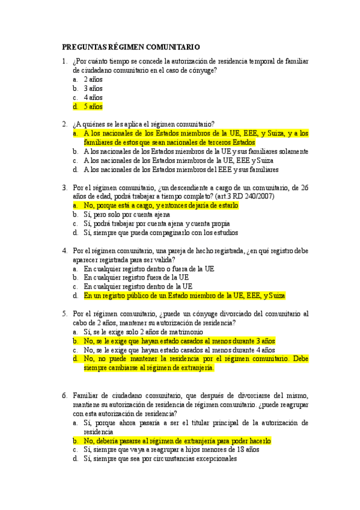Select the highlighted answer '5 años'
point(93,106)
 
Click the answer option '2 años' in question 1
point(93,79)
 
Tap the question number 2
point(64,124)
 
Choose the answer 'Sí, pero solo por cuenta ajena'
point(126,214)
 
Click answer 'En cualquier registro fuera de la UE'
point(136,277)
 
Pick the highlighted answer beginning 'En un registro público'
point(185,295)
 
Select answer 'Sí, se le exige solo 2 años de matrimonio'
point(144,331)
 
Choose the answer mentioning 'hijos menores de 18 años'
point(171,449)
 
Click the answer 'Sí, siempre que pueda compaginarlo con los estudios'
point(160,232)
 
